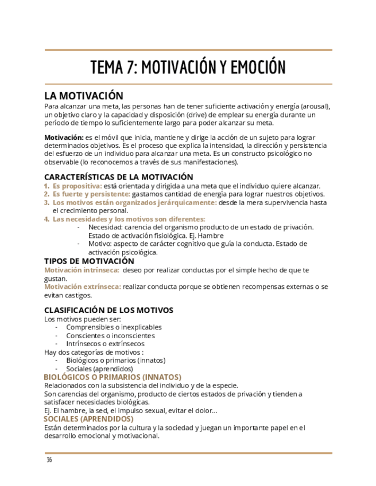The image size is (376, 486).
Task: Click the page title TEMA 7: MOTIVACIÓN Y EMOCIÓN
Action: pyautogui.click(x=188, y=67)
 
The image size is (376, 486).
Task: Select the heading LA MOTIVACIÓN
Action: pyautogui.click(x=84, y=96)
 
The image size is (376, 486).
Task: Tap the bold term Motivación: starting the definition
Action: pyautogui.click(x=64, y=138)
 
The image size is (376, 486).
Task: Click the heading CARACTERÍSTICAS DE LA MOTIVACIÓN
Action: pyautogui.click(x=118, y=177)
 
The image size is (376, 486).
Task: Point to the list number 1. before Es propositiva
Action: pyautogui.click(x=47, y=186)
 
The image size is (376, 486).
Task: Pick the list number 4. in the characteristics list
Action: pyautogui.click(x=47, y=219)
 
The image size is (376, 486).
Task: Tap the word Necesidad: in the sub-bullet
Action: pyautogui.click(x=107, y=227)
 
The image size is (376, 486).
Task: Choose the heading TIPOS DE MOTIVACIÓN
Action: pyautogui.click(x=89, y=261)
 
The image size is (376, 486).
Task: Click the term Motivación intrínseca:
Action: pyautogui.click(x=82, y=270)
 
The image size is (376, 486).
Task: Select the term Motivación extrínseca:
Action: pyautogui.click(x=83, y=287)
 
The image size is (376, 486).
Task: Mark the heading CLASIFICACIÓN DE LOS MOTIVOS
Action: pyautogui.click(x=108, y=310)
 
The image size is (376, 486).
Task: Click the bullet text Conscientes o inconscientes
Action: pyautogui.click(x=110, y=336)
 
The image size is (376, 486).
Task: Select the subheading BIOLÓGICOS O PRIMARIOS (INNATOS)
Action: pyautogui.click(x=113, y=377)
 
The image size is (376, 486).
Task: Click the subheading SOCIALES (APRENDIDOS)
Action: pyautogui.click(x=88, y=419)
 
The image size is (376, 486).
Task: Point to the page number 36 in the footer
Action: pyautogui.click(x=49, y=460)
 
